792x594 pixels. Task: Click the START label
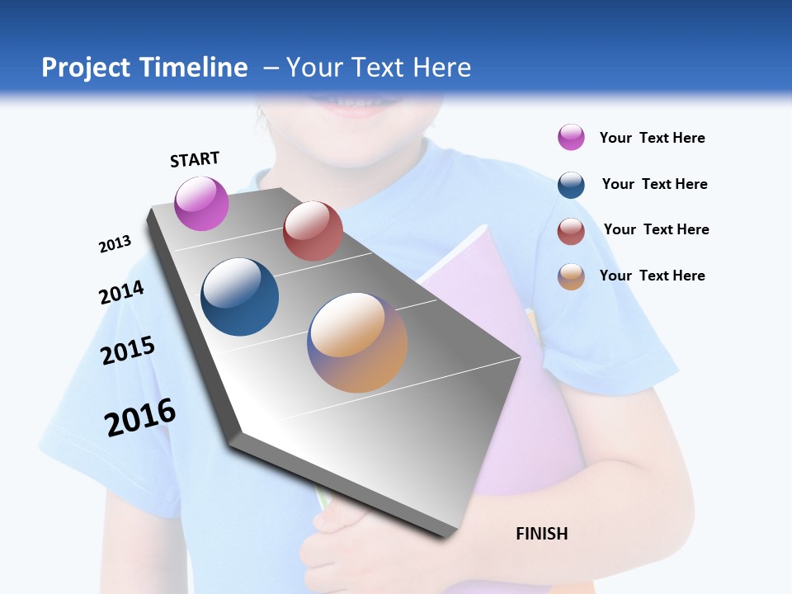[x=195, y=159]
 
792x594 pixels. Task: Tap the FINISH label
[x=542, y=534]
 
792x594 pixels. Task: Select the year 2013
[x=115, y=244]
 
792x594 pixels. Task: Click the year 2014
[x=121, y=293]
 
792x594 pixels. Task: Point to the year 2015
[x=128, y=351]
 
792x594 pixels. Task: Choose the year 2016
[x=140, y=417]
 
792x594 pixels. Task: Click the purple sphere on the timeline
[x=201, y=203]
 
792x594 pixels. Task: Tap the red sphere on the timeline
[x=313, y=231]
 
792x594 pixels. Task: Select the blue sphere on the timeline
[x=240, y=297]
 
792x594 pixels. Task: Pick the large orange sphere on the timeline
[x=357, y=342]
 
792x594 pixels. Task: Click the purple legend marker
[x=571, y=137]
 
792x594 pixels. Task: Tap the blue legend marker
[x=571, y=185]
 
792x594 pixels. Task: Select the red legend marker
[x=571, y=231]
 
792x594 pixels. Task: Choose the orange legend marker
[x=571, y=276]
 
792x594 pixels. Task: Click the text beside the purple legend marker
[x=652, y=138]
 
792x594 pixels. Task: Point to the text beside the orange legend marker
[x=652, y=276]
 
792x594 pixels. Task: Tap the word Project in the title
[x=87, y=68]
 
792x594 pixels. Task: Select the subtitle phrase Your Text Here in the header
[x=379, y=68]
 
